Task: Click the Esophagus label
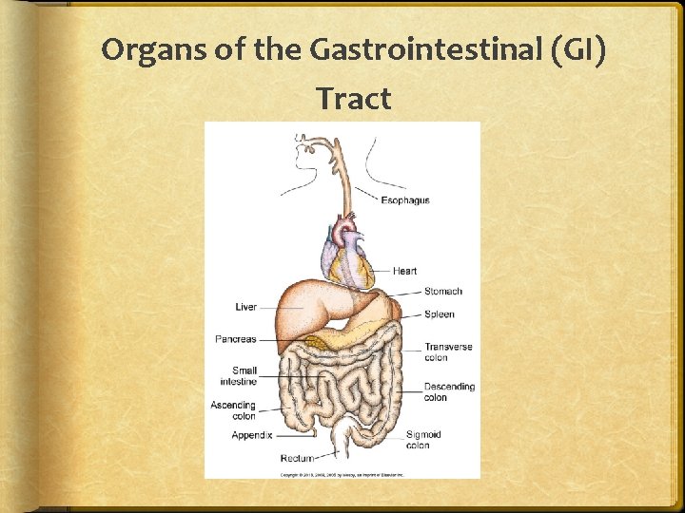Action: pyautogui.click(x=405, y=200)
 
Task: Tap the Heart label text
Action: pyautogui.click(x=404, y=271)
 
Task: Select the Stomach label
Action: pyautogui.click(x=442, y=292)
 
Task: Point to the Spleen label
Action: pyautogui.click(x=439, y=314)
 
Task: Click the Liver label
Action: pyautogui.click(x=245, y=307)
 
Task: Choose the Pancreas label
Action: pyautogui.click(x=235, y=339)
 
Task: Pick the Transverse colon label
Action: pyautogui.click(x=448, y=352)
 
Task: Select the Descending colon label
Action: pyautogui.click(x=449, y=392)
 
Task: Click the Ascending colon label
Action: pyautogui.click(x=233, y=410)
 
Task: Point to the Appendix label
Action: pyautogui.click(x=252, y=435)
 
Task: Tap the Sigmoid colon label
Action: pyautogui.click(x=423, y=440)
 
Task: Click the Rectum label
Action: pyautogui.click(x=297, y=459)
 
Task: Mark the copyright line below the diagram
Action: pyautogui.click(x=342, y=472)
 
